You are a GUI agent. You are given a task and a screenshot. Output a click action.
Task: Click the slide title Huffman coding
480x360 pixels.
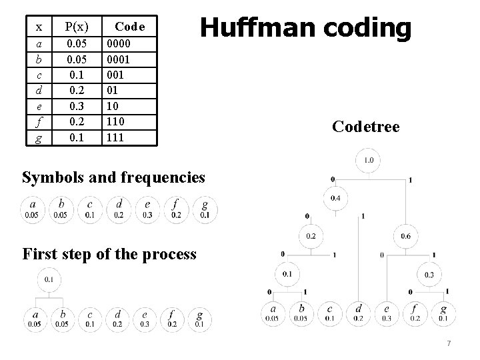pyautogui.click(x=306, y=29)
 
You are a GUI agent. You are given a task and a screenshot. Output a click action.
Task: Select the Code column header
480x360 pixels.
pyautogui.click(x=135, y=27)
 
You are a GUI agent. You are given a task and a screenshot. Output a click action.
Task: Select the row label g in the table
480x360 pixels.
pyautogui.click(x=39, y=137)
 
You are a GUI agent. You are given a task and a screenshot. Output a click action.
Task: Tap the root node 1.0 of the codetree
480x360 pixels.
pyautogui.click(x=368, y=161)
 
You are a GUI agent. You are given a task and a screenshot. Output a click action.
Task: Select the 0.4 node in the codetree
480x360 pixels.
pyautogui.click(x=335, y=199)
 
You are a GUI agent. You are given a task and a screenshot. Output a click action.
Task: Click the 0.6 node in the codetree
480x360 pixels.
pyautogui.click(x=406, y=236)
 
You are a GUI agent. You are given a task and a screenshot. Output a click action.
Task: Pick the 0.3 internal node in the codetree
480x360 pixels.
pyautogui.click(x=430, y=274)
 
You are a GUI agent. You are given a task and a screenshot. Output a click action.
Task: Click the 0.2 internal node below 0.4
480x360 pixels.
pyautogui.click(x=311, y=236)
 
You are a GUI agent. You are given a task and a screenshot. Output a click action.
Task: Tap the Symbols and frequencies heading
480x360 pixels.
pyautogui.click(x=113, y=177)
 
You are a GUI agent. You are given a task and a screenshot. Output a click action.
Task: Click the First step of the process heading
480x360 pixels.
pyautogui.click(x=109, y=253)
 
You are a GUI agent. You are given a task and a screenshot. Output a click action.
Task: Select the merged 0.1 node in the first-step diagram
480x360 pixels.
pyautogui.click(x=50, y=279)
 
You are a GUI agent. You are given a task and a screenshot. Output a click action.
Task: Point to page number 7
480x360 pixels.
pyautogui.click(x=449, y=343)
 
